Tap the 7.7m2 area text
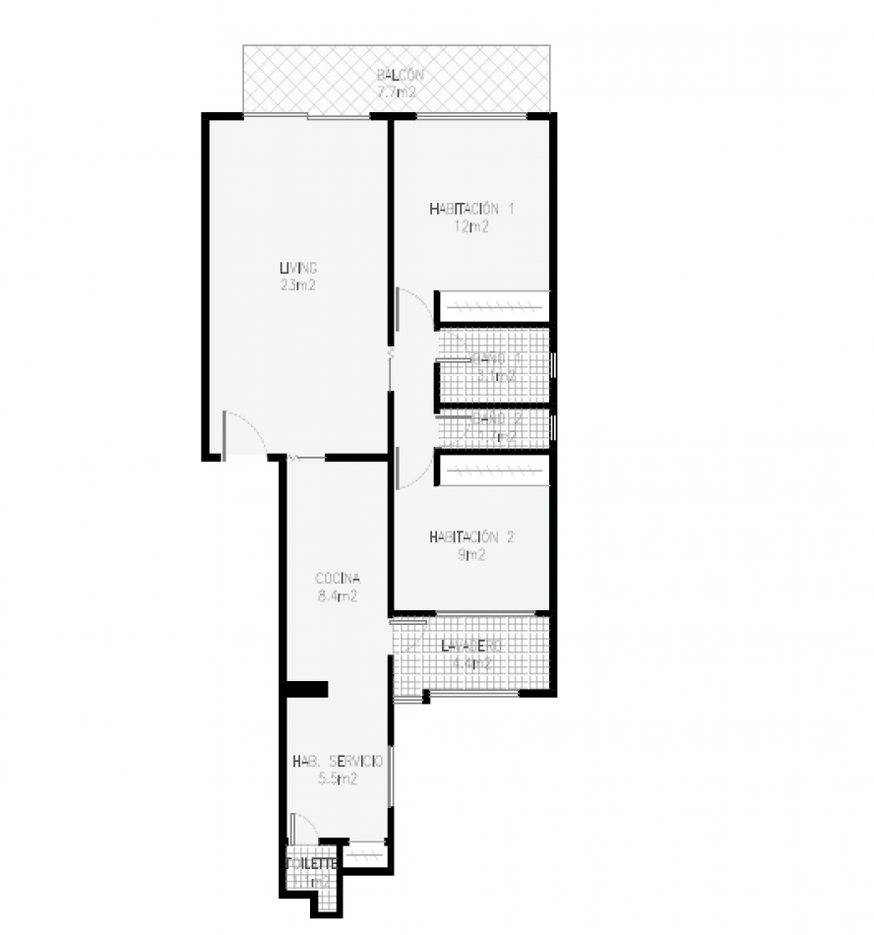click(399, 93)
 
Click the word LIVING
click(297, 268)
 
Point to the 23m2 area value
click(297, 285)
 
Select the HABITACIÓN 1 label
click(471, 209)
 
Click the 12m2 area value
click(471, 226)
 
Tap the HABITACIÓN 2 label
click(471, 537)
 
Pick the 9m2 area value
click(471, 555)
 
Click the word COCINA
click(337, 578)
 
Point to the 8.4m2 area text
click(337, 595)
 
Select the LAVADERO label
click(471, 646)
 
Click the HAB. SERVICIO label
click(337, 761)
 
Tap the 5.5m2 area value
click(337, 779)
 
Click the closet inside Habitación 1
click(492, 307)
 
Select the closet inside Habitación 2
click(492, 469)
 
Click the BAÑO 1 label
click(495, 359)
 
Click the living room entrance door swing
click(242, 433)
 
